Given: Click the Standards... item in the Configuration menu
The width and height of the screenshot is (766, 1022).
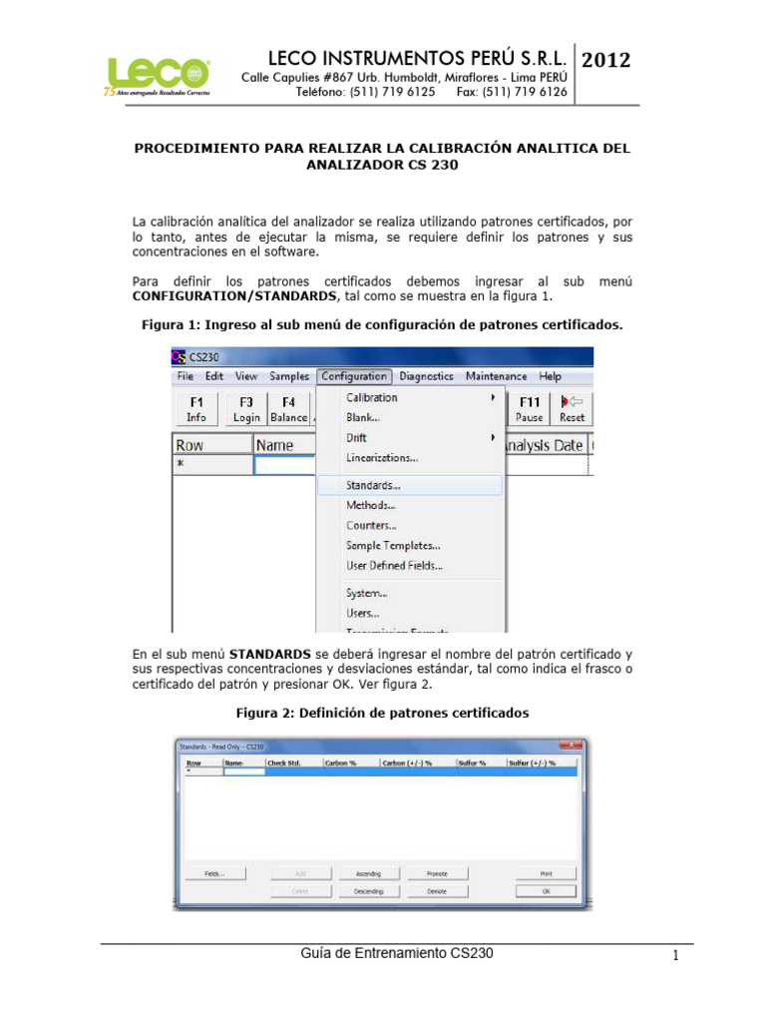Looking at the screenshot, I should tap(374, 485).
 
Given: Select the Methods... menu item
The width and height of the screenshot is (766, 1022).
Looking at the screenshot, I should tap(370, 505).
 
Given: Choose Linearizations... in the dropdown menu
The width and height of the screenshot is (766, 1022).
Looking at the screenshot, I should tap(382, 458).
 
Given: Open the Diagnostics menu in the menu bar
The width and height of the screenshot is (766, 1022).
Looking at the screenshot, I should tap(426, 376).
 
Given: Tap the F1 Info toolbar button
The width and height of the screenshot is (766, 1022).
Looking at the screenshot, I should tap(195, 409).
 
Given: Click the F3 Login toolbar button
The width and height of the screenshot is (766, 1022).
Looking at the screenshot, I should tap(245, 409).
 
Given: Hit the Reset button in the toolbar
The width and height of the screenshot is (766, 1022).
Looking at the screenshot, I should tap(573, 409).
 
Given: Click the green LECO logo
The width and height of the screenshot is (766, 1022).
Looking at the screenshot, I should tap(151, 75).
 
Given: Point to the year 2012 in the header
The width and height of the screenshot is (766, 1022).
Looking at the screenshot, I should tap(605, 60).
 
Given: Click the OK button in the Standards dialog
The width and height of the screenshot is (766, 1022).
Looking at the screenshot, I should tap(546, 891).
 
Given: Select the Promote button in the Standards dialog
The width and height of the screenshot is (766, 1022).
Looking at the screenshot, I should tap(437, 873).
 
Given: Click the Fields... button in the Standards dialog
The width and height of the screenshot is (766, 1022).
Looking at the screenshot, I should tap(214, 873).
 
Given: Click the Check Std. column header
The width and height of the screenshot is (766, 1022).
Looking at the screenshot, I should tap(284, 764).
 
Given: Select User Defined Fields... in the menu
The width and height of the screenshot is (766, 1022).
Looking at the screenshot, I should tap(395, 565).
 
